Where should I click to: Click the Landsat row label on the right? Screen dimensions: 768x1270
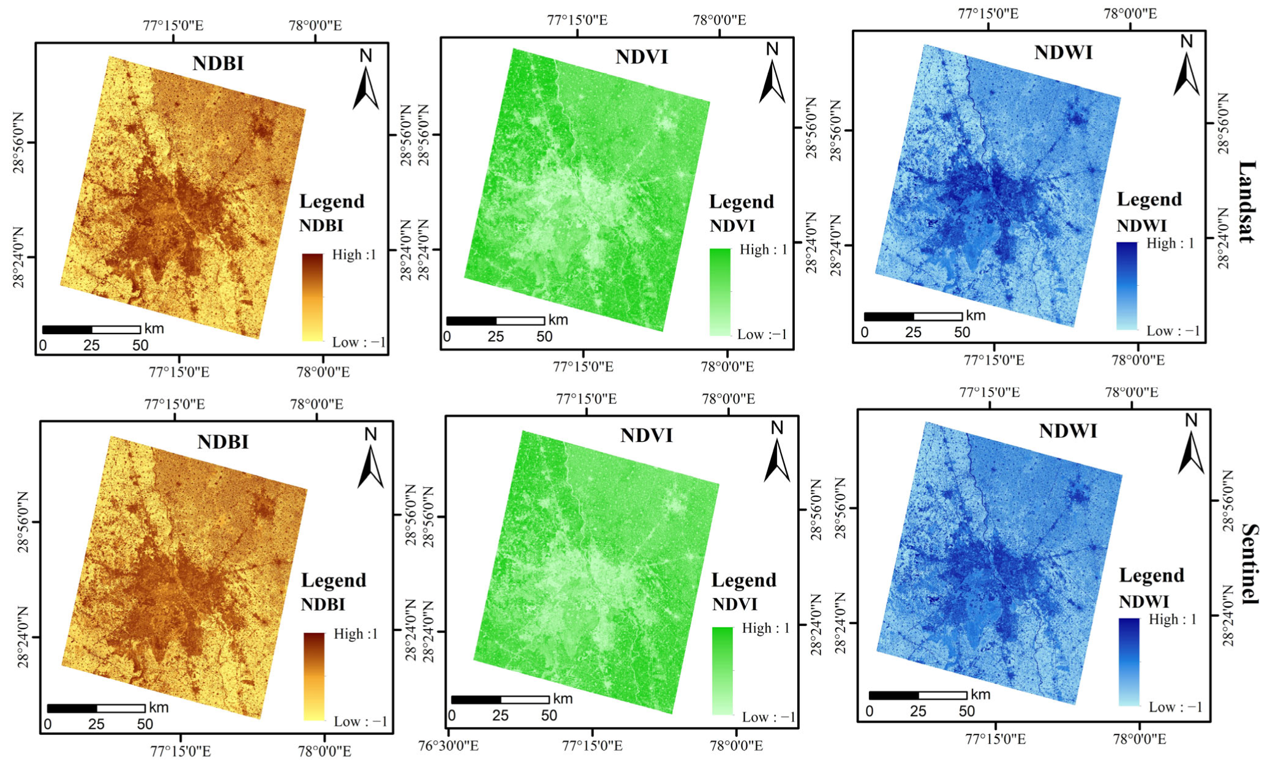click(1247, 202)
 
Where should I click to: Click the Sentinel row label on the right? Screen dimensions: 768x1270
click(1249, 564)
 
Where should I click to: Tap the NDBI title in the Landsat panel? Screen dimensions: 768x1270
click(218, 64)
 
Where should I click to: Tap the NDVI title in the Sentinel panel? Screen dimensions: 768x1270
click(646, 436)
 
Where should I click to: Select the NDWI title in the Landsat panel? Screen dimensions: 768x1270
click(1063, 53)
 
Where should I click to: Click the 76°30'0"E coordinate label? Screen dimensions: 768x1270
click(448, 746)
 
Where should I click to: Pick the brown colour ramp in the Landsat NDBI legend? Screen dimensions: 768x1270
click(312, 297)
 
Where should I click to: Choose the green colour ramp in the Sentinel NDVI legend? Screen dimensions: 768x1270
click(723, 671)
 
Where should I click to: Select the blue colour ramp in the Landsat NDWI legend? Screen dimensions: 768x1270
click(1127, 286)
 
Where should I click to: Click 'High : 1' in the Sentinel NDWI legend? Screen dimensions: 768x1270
click(1172, 619)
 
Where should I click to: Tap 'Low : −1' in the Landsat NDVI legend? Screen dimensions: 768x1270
click(762, 335)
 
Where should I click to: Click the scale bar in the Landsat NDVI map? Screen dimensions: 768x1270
click(495, 321)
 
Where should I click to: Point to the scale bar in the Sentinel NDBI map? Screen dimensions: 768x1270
click(96, 709)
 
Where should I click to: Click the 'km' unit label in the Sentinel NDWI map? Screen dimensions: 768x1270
click(980, 695)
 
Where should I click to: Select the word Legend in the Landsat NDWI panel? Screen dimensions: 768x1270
click(1149, 199)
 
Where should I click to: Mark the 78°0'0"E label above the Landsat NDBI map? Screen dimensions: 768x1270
click(315, 26)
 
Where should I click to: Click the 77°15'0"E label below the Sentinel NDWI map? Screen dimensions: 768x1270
click(995, 739)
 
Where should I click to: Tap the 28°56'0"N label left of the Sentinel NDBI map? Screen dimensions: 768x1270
click(23, 522)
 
